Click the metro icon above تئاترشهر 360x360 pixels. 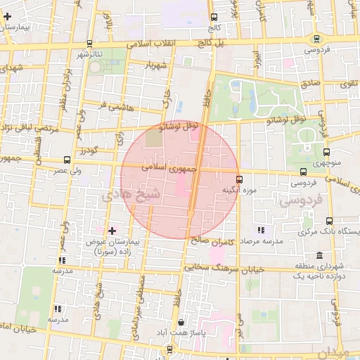pyautogui.click(x=89, y=43)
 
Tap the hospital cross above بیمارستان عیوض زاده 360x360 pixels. pyautogui.click(x=112, y=231)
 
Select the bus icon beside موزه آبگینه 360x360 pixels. pyautogui.click(x=240, y=179)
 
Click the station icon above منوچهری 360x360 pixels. pyautogui.click(x=326, y=152)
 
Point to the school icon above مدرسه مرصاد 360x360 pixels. pyautogui.click(x=262, y=230)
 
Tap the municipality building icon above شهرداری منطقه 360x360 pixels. pyautogui.click(x=320, y=255)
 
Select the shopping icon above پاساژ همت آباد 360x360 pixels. pyautogui.click(x=181, y=323)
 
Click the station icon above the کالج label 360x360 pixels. pyautogui.click(x=214, y=17)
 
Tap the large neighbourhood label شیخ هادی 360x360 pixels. pyautogui.click(x=131, y=193)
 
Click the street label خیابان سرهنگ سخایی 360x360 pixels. pyautogui.click(x=224, y=269)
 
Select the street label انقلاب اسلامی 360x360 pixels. pyautogui.click(x=156, y=44)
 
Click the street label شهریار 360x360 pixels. pyautogui.click(x=157, y=65)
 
